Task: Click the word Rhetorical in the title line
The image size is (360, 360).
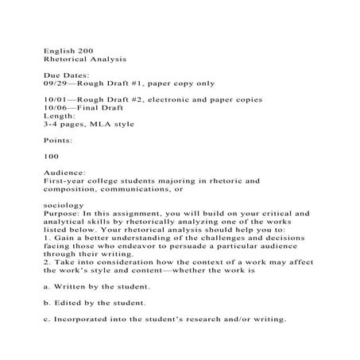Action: (x=66, y=60)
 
